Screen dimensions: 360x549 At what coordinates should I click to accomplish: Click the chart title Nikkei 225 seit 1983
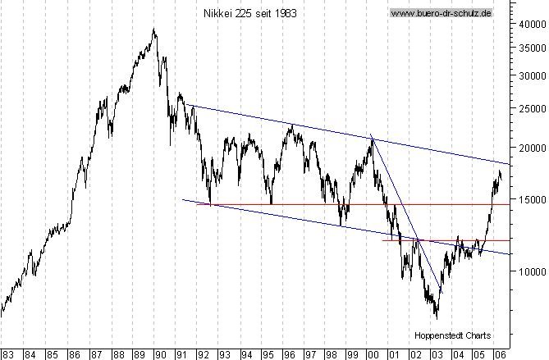[250, 13]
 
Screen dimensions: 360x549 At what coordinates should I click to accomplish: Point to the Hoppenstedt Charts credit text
[451, 335]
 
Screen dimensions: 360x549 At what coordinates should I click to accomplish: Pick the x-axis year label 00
[373, 353]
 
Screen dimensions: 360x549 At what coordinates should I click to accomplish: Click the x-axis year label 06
[500, 353]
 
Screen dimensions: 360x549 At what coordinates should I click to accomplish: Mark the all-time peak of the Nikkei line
[153, 30]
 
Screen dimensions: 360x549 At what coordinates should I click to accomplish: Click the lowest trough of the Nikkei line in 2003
[437, 317]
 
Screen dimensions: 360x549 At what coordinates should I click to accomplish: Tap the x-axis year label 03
[437, 353]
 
